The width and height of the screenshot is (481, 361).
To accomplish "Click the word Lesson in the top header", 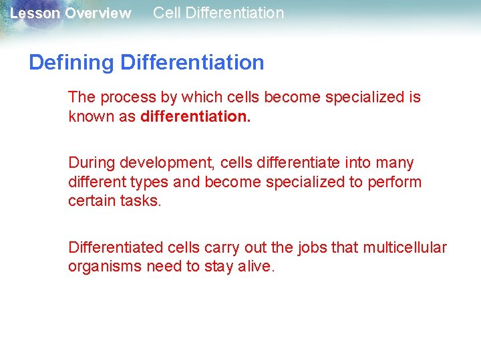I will click(x=35, y=13).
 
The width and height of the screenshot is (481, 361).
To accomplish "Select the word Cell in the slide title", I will click(x=166, y=13).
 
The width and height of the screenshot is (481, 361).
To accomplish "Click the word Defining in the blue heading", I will click(x=71, y=62).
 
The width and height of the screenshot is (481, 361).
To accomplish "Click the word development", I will click(x=161, y=163).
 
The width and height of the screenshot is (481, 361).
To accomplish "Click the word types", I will click(x=151, y=182).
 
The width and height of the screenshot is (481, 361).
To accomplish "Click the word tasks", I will click(x=141, y=201).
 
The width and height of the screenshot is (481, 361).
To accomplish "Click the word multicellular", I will click(x=405, y=247).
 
